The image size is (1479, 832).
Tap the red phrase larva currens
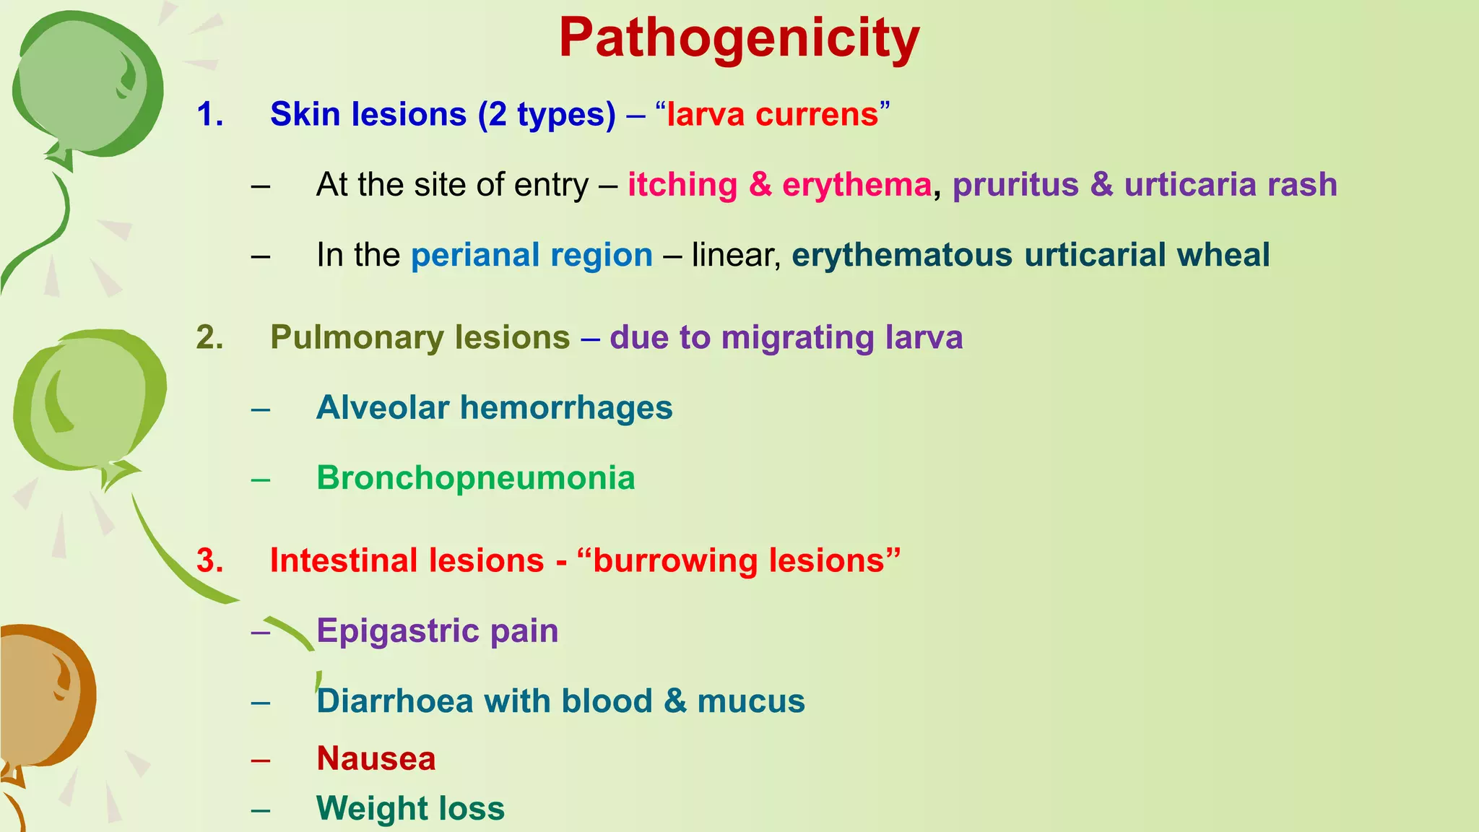pos(773,114)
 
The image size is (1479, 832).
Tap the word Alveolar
pos(383,407)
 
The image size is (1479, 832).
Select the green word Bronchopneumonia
pos(476,477)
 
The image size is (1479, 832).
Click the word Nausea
pos(376,758)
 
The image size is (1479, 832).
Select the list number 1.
pos(209,114)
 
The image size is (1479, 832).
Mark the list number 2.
pos(209,337)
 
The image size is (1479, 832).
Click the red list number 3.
pos(209,560)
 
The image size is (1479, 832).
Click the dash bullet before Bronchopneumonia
pos(261,479)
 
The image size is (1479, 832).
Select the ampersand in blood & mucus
pos(675,701)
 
